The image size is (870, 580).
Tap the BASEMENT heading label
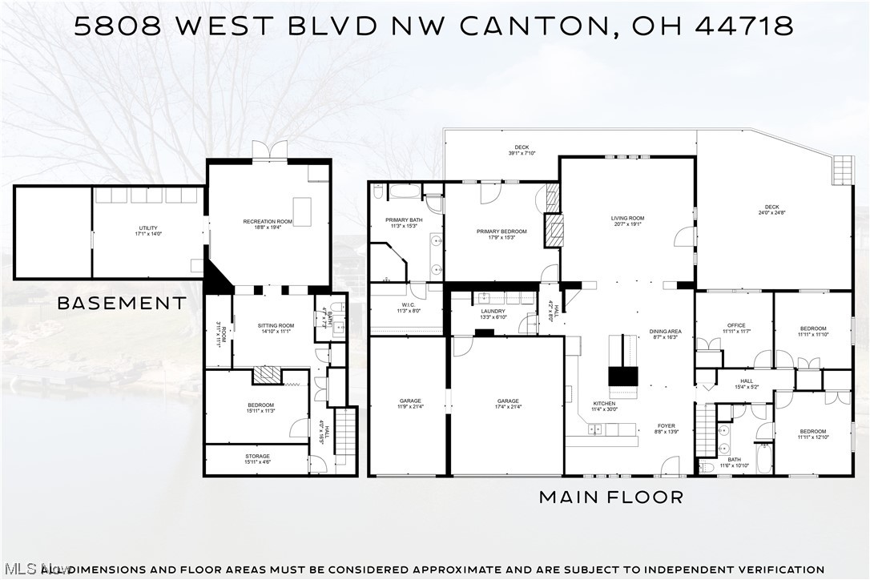[x=122, y=303]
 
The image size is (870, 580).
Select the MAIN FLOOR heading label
[x=611, y=497]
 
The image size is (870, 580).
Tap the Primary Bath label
[x=404, y=223]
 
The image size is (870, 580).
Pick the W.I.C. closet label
[x=409, y=308]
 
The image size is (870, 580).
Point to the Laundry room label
[x=493, y=313]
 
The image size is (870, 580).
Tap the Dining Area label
[x=665, y=334]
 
